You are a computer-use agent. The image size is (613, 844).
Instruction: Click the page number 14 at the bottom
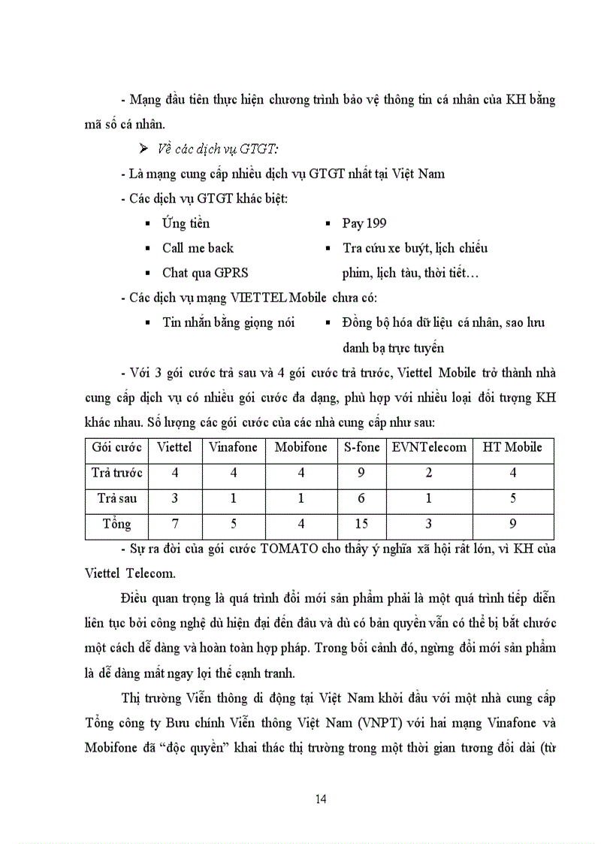pos(322,798)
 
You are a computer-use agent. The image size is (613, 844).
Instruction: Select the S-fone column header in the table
pos(362,447)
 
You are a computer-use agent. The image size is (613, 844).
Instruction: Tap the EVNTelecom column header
pos(429,447)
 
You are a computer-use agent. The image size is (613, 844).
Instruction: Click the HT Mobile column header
pos(512,447)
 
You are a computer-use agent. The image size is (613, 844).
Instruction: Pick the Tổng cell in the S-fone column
pos(362,524)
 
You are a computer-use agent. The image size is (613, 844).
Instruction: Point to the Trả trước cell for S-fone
pos(362,473)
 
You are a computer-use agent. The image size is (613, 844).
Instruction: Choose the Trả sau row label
pos(117,498)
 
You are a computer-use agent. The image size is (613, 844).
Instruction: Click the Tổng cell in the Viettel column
pos(174,524)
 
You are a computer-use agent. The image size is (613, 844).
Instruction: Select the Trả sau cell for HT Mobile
pos(512,498)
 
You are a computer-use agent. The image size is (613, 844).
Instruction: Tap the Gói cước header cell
pos(117,447)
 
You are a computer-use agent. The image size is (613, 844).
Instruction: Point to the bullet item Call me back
pos(198,248)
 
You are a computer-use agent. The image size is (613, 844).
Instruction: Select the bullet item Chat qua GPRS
pos(205,273)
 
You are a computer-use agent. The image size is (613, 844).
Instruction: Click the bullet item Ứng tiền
pos(186,223)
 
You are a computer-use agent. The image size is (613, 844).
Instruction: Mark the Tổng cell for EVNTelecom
pos(429,524)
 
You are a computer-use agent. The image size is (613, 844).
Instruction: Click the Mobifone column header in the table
pos(300,447)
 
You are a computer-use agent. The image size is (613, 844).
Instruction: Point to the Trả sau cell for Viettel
pos(174,498)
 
